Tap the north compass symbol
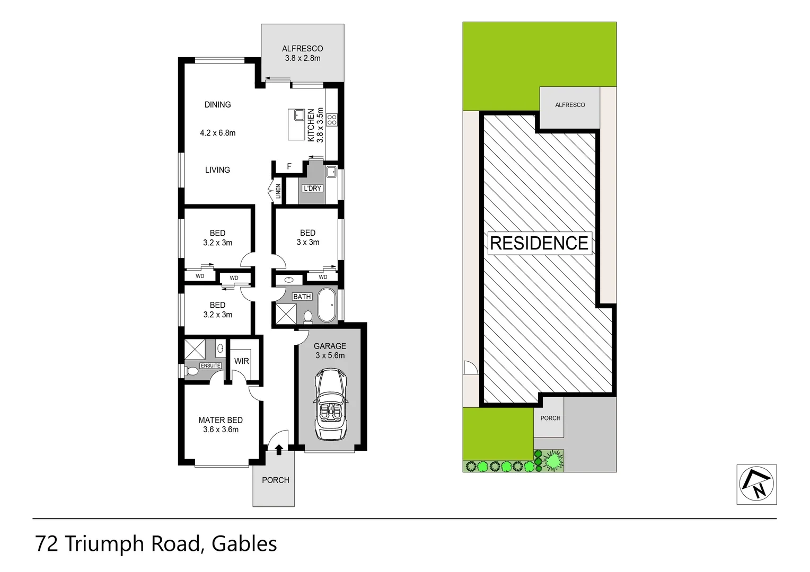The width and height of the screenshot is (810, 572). pyautogui.click(x=756, y=484)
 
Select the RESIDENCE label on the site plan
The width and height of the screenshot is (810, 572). pyautogui.click(x=539, y=243)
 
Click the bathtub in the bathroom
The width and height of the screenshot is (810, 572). pyautogui.click(x=328, y=305)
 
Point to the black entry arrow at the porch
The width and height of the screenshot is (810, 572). pyautogui.click(x=279, y=450)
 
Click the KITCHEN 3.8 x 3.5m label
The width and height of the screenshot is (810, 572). pyautogui.click(x=315, y=125)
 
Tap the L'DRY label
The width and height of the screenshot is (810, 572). pyautogui.click(x=312, y=188)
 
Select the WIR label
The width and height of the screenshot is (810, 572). pyautogui.click(x=242, y=361)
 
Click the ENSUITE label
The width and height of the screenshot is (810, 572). pyautogui.click(x=210, y=365)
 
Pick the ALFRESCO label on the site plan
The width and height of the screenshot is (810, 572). pyautogui.click(x=570, y=105)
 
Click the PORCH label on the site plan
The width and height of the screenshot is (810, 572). pyautogui.click(x=550, y=418)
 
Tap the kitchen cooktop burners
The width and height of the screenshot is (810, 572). pyautogui.click(x=332, y=120)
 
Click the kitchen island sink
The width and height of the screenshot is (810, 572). pyautogui.click(x=298, y=115)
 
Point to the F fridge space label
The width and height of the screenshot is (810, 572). pyautogui.click(x=289, y=166)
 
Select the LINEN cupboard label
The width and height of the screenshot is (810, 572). pyautogui.click(x=278, y=191)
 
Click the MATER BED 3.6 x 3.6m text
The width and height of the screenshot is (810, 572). pyautogui.click(x=221, y=425)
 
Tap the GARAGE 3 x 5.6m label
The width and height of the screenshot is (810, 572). pyautogui.click(x=330, y=351)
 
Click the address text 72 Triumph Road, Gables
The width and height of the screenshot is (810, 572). pyautogui.click(x=156, y=544)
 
